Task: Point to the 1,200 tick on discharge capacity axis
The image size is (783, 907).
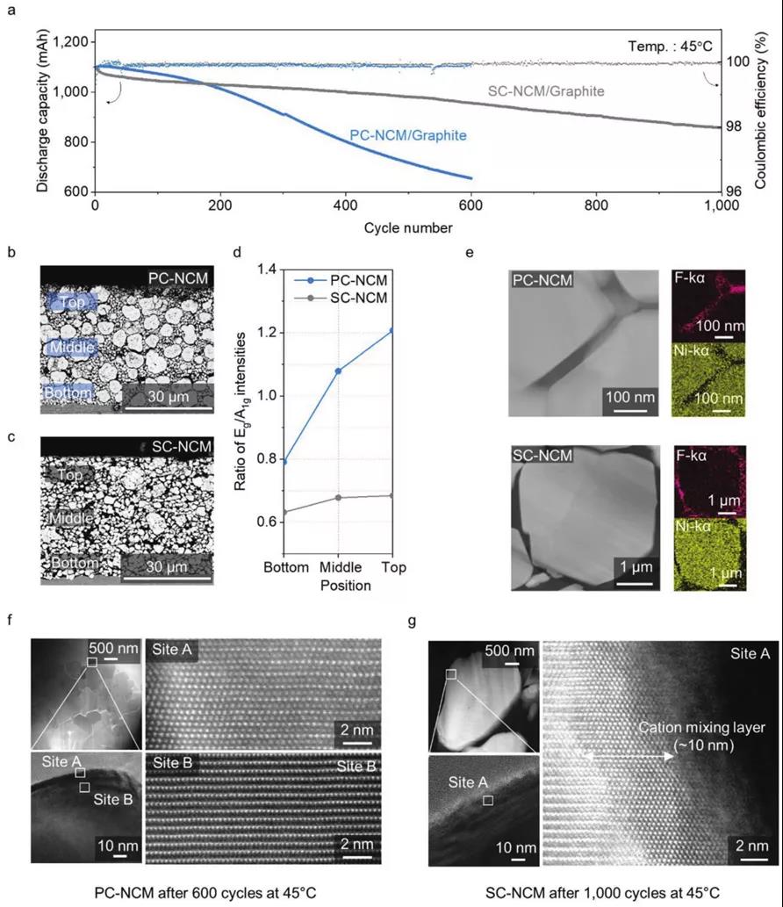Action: coord(68,42)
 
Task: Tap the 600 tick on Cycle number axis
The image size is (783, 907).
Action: coord(471,207)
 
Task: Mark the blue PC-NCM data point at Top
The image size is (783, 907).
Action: coord(392,331)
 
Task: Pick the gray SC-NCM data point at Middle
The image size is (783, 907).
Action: coord(339,498)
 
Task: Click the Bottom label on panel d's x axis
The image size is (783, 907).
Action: coord(286,567)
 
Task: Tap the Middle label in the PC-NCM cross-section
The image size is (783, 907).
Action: coord(71,347)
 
